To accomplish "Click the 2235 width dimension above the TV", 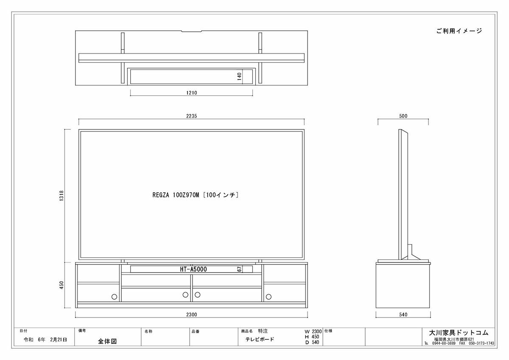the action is (x=192, y=116).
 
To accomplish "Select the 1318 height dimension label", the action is (x=62, y=196).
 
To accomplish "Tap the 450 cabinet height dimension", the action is (x=62, y=285).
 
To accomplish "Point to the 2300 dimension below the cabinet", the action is (x=192, y=315).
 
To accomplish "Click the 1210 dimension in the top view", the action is (x=192, y=93).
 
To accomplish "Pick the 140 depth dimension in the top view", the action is (x=239, y=76).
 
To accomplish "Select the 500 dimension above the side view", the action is (x=403, y=116).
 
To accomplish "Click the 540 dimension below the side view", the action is (x=403, y=315).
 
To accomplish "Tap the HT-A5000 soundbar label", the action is (x=193, y=269).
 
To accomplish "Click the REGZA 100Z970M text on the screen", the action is (x=176, y=195).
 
